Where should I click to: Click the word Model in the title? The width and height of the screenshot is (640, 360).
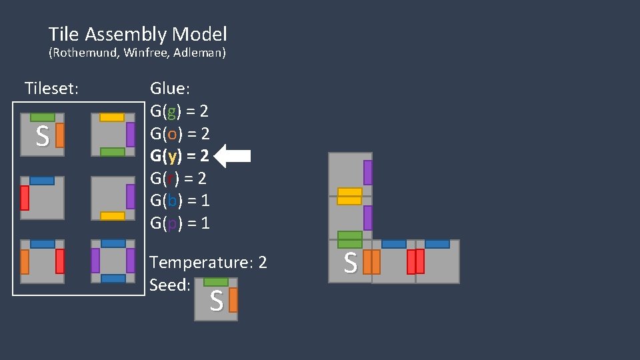tap(199, 34)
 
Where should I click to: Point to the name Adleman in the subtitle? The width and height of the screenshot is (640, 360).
tap(199, 53)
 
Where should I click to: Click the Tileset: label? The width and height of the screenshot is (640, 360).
tap(51, 88)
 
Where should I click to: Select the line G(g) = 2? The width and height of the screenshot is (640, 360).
tap(180, 111)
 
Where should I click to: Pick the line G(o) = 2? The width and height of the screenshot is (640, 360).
tap(180, 133)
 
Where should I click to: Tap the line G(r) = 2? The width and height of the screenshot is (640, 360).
tap(178, 178)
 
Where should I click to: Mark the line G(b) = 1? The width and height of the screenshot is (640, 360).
tap(180, 200)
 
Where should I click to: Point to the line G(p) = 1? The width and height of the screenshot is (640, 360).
tap(180, 223)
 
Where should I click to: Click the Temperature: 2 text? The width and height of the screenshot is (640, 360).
tap(208, 262)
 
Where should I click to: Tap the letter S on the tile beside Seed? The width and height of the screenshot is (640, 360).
tap(216, 302)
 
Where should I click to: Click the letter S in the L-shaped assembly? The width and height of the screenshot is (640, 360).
tap(349, 263)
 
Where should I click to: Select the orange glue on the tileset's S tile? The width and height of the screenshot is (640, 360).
tap(60, 135)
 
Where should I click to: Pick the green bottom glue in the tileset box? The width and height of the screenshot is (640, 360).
tap(112, 152)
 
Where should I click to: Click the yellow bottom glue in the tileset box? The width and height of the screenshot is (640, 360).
tap(112, 215)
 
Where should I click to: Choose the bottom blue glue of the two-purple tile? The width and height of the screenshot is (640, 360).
tap(113, 278)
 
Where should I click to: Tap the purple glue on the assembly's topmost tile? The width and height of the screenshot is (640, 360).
tap(367, 173)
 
